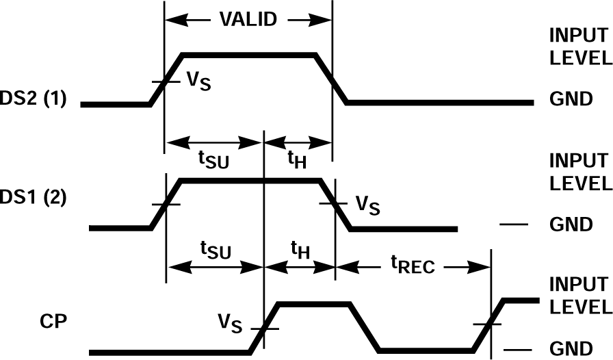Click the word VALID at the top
(248, 18)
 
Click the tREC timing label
(413, 266)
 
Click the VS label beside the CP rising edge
(230, 321)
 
